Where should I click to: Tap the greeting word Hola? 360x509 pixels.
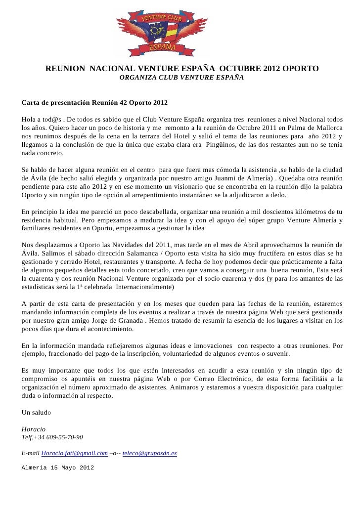[x=30, y=119]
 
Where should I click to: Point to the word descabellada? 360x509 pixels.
[x=160, y=211]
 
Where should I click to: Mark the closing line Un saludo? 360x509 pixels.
[x=37, y=412]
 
